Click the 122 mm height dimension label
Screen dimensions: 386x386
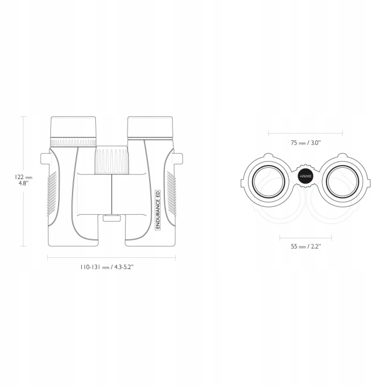point(23,180)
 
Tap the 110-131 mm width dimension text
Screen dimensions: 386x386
point(107,267)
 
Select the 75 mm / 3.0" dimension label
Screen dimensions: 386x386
point(306,143)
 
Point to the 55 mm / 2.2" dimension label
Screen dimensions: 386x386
point(306,247)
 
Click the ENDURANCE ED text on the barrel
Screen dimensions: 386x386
point(158,210)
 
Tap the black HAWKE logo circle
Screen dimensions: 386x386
point(305,177)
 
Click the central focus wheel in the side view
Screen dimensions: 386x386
point(112,161)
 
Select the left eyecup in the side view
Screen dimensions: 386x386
point(73,127)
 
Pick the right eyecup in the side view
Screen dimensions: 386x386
point(150,127)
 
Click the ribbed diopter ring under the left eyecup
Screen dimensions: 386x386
point(73,142)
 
